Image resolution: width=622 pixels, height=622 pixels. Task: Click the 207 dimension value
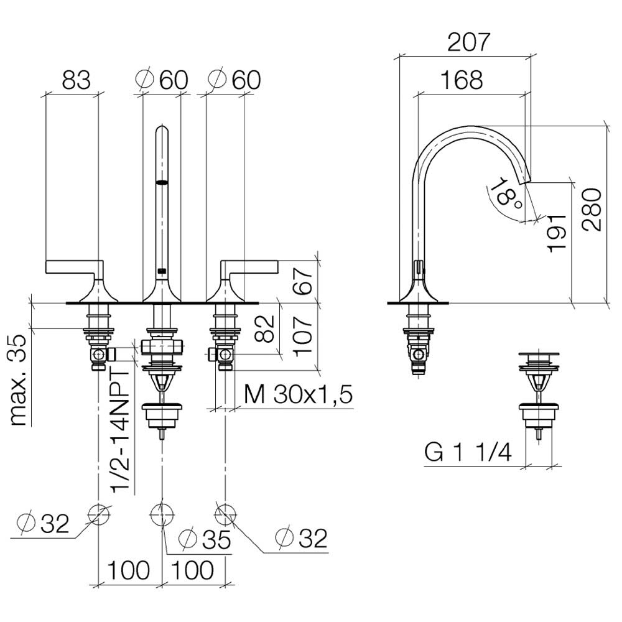click(x=469, y=42)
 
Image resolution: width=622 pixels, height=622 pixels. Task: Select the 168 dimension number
click(x=462, y=80)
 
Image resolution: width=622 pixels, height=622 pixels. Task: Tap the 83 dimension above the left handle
click(x=76, y=80)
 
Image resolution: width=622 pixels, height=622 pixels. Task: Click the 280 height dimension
click(x=592, y=210)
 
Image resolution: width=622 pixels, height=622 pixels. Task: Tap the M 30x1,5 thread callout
click(x=299, y=395)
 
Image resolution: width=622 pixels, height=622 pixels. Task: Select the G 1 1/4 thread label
click(x=468, y=452)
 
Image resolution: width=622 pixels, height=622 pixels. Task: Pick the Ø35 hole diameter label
click(x=205, y=539)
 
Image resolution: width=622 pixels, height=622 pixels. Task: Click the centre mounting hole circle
click(x=162, y=515)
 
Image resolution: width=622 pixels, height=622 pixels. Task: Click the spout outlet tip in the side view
click(x=526, y=180)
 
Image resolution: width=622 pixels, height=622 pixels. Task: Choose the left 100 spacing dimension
click(x=129, y=570)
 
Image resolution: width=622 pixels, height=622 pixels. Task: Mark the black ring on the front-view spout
click(x=162, y=182)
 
